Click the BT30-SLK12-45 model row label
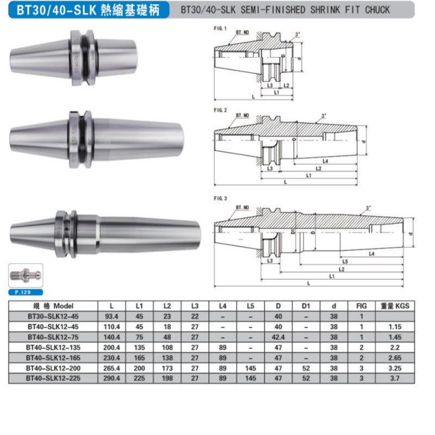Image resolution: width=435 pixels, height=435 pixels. [53, 316]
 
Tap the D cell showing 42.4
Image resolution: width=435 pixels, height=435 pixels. [279, 337]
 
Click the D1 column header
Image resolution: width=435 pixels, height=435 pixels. [307, 306]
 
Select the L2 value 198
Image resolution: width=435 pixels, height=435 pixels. [167, 378]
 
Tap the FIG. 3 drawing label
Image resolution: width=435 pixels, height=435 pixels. [219, 199]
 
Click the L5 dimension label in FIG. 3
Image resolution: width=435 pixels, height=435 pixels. [345, 261]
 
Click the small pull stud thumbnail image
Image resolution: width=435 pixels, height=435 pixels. [26, 276]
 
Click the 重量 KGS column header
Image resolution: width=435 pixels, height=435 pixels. [395, 306]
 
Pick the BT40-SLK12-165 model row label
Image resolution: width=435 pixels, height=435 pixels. [53, 357]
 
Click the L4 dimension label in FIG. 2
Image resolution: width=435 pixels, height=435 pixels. [325, 161]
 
